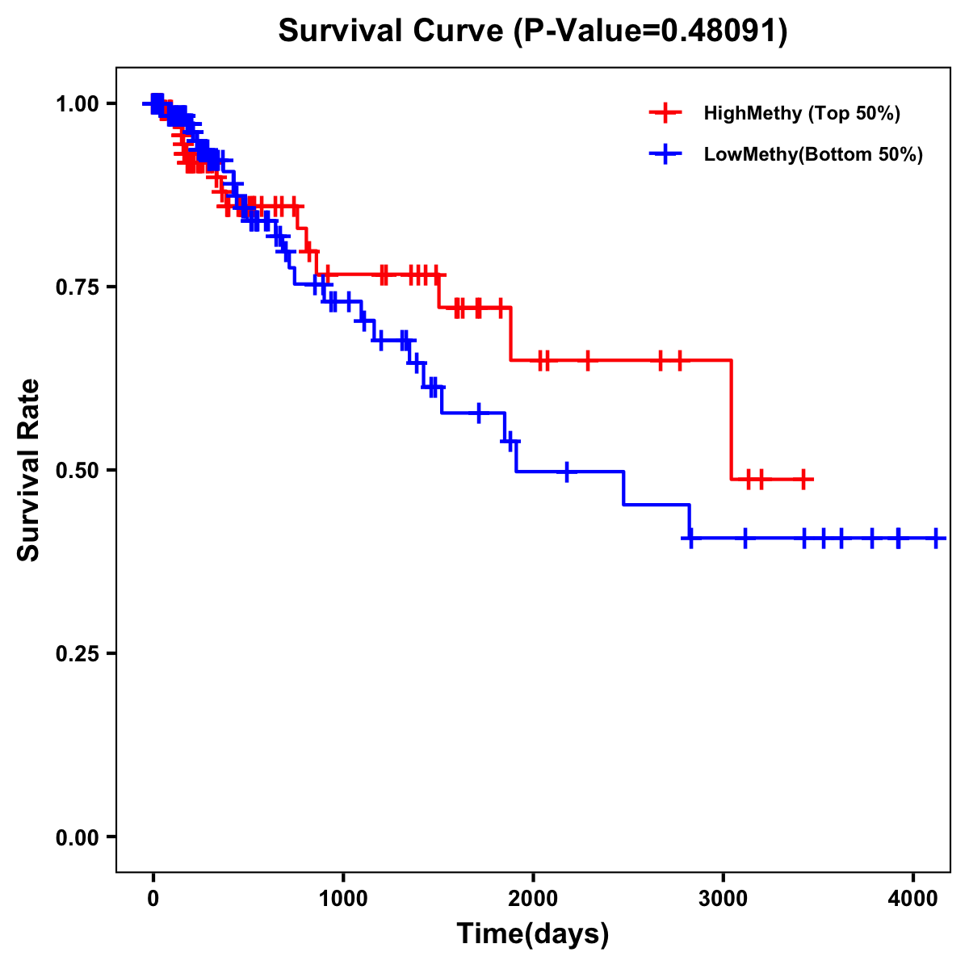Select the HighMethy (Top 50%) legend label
[802, 113]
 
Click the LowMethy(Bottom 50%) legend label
[813, 154]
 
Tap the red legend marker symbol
[665, 113]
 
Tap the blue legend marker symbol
[665, 154]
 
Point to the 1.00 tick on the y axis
[77, 104]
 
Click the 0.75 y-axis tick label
[77, 287]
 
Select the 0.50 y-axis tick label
[77, 471]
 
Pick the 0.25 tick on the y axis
[77, 654]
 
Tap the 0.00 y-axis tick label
[77, 837]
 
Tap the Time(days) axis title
[533, 934]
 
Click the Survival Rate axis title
[29, 470]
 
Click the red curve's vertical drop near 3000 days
[732, 420]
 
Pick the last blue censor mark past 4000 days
[935, 538]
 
